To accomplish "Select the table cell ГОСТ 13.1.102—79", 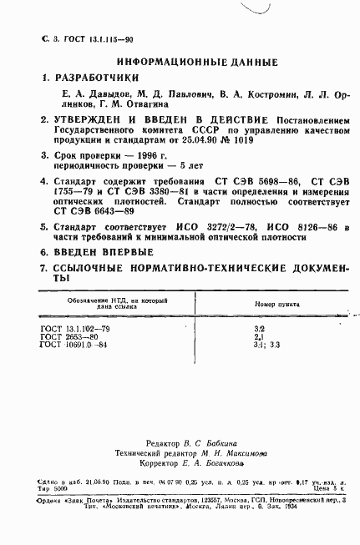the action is click(75, 330).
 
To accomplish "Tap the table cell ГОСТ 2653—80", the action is click(68, 337).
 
